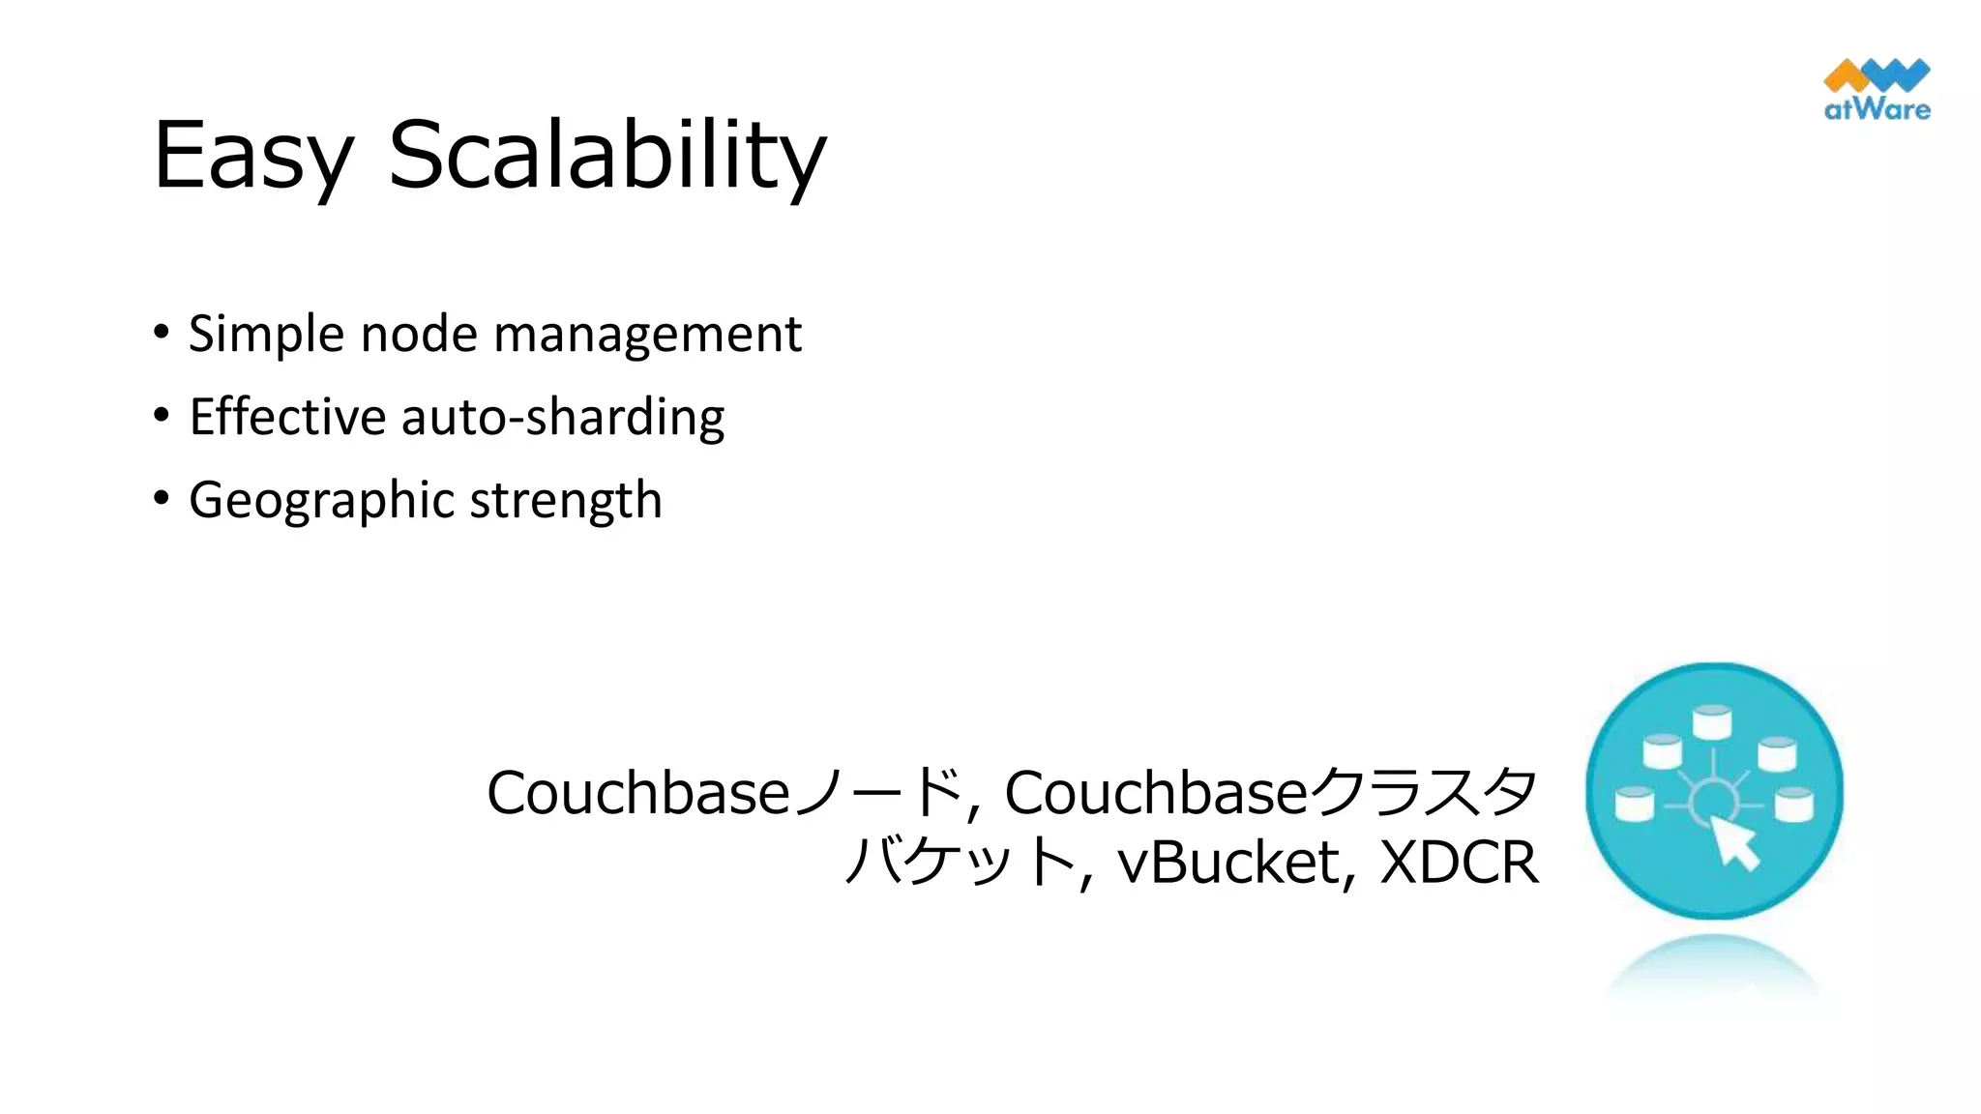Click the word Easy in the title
[x=253, y=155]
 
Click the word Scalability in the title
[x=606, y=155]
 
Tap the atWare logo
[x=1877, y=90]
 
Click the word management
[x=647, y=335]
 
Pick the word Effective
[x=287, y=418]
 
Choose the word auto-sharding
[x=563, y=418]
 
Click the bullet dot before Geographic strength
[x=162, y=498]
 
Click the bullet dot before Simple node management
[x=162, y=332]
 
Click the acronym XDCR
[x=1459, y=862]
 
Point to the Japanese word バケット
[x=960, y=862]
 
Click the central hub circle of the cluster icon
[x=1712, y=800]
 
